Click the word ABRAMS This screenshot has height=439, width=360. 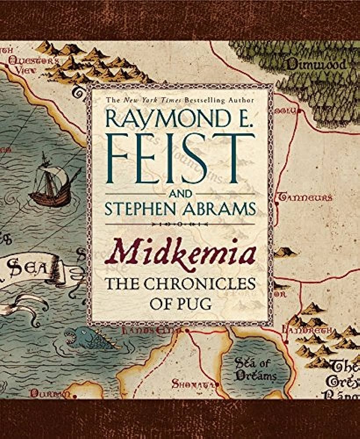[x=223, y=209]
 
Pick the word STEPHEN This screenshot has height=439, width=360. [x=141, y=209]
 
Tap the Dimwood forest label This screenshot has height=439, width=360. [x=317, y=65]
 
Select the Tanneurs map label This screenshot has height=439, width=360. [x=304, y=198]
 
